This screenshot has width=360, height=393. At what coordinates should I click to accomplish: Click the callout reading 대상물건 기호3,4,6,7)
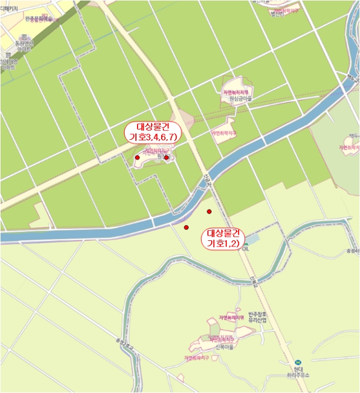point(153,132)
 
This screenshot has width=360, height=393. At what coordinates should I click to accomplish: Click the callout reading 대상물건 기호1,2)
point(223,238)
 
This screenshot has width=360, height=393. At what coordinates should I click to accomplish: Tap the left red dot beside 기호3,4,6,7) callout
point(138,158)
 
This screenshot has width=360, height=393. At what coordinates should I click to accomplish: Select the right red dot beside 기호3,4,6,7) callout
point(166,157)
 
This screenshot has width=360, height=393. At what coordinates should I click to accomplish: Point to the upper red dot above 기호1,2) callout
point(209,211)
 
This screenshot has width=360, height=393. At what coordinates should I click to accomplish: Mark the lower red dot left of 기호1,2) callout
point(186,227)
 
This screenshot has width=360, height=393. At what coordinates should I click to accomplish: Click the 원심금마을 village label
point(238,98)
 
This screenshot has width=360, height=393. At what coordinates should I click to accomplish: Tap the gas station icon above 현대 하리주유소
point(298,363)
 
